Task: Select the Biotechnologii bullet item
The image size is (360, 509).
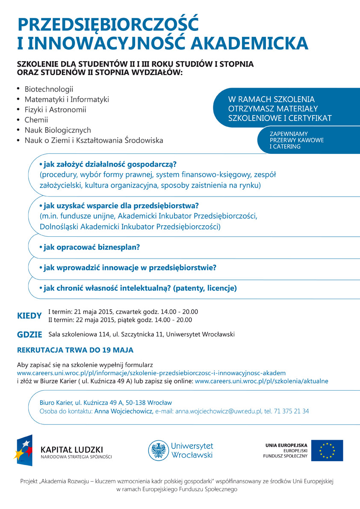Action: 49,89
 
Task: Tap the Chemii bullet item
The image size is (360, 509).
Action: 36,120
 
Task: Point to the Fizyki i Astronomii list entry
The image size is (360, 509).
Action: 55,110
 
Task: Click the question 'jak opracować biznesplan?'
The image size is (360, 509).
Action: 91,247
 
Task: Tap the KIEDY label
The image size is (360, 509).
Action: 30,316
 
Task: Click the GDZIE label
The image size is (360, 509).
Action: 30,335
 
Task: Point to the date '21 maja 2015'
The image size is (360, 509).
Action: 93,312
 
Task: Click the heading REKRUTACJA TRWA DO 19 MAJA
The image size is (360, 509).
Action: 75,350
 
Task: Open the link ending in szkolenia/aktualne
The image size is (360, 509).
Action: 262,381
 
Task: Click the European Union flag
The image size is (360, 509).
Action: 327,450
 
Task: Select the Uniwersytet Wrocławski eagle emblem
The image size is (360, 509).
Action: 158,450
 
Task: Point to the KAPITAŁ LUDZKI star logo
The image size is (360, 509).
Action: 25,450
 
